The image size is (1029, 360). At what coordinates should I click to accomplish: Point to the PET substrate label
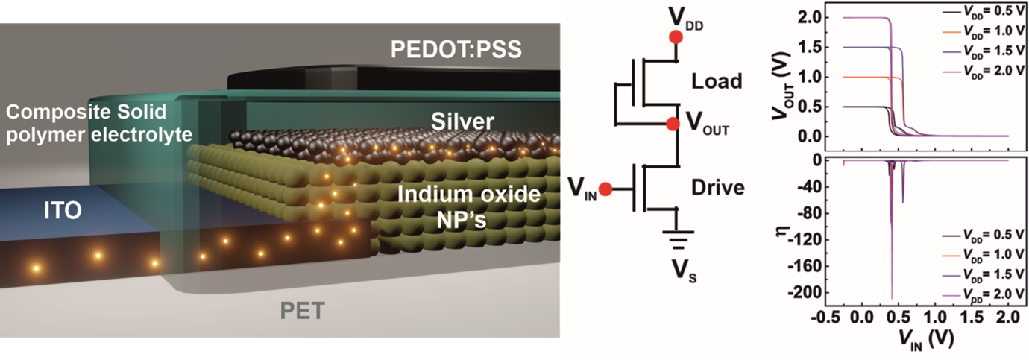coord(301,310)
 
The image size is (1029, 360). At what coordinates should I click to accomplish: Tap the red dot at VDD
coord(676,37)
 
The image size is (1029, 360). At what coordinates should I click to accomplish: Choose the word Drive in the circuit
coord(717,187)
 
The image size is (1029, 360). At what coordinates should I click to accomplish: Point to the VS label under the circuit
coord(676,274)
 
